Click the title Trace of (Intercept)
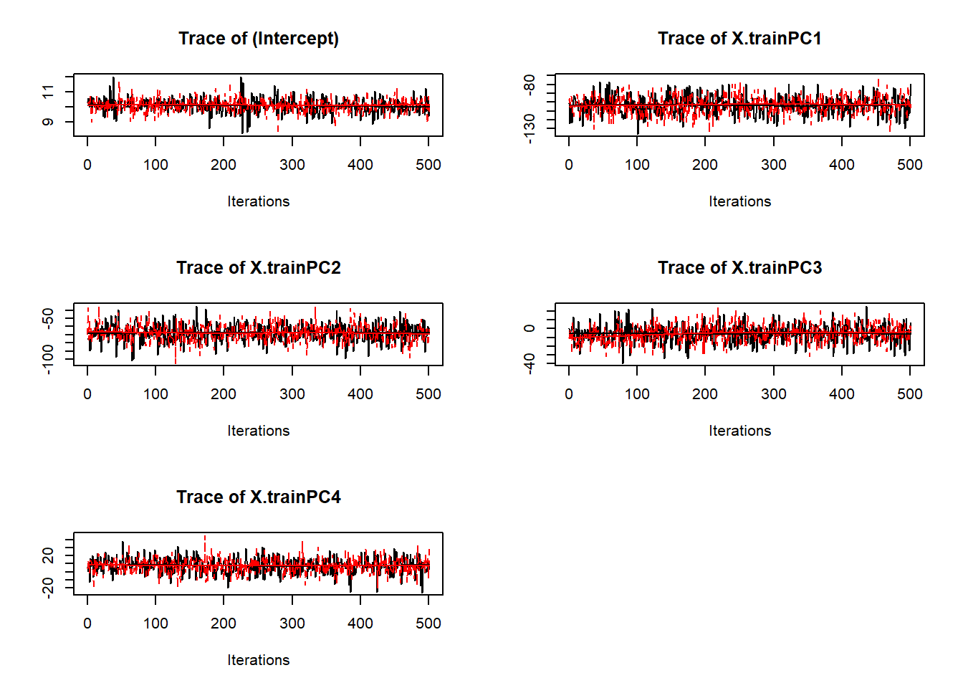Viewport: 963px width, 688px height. tap(258, 39)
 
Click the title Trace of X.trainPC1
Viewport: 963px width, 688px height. tap(739, 39)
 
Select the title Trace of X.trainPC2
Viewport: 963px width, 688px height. tap(258, 268)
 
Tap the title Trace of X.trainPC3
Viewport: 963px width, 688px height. tap(739, 268)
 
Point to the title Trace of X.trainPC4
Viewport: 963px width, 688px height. tap(258, 497)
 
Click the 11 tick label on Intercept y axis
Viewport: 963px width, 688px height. tap(47, 92)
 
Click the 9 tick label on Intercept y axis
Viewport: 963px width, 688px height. tap(47, 122)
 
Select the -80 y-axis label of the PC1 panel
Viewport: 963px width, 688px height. tap(529, 84)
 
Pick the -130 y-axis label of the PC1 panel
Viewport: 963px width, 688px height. tap(529, 128)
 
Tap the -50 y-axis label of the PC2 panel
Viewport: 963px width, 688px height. tap(47, 317)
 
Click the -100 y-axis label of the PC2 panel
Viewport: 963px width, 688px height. tap(47, 359)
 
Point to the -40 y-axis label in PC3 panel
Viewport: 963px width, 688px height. tap(529, 363)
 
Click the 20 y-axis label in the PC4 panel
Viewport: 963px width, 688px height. tap(47, 555)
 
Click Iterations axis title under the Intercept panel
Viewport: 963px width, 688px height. tap(258, 201)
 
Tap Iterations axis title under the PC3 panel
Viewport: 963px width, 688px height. tap(739, 431)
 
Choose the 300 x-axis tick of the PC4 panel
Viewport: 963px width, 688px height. tap(292, 623)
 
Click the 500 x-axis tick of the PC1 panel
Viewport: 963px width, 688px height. tap(909, 165)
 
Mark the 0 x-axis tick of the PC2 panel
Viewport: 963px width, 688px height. tap(87, 394)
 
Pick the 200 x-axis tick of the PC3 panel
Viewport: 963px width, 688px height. tap(705, 394)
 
